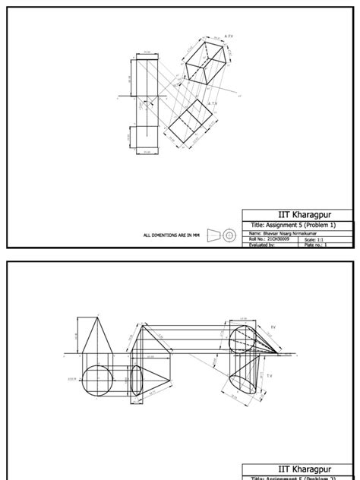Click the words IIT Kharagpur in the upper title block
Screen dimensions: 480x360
pyautogui.click(x=297, y=215)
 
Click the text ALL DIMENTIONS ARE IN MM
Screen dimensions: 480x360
pyautogui.click(x=171, y=235)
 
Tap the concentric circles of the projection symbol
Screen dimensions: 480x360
pyautogui.click(x=229, y=235)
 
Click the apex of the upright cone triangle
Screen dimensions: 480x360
pyautogui.click(x=96, y=318)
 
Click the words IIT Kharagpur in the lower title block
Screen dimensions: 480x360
pyautogui.click(x=297, y=470)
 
